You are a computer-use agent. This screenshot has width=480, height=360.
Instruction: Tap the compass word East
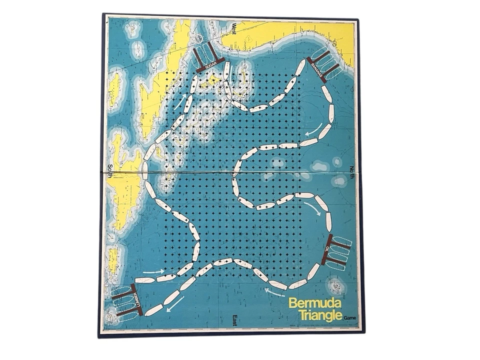(x=234, y=319)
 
